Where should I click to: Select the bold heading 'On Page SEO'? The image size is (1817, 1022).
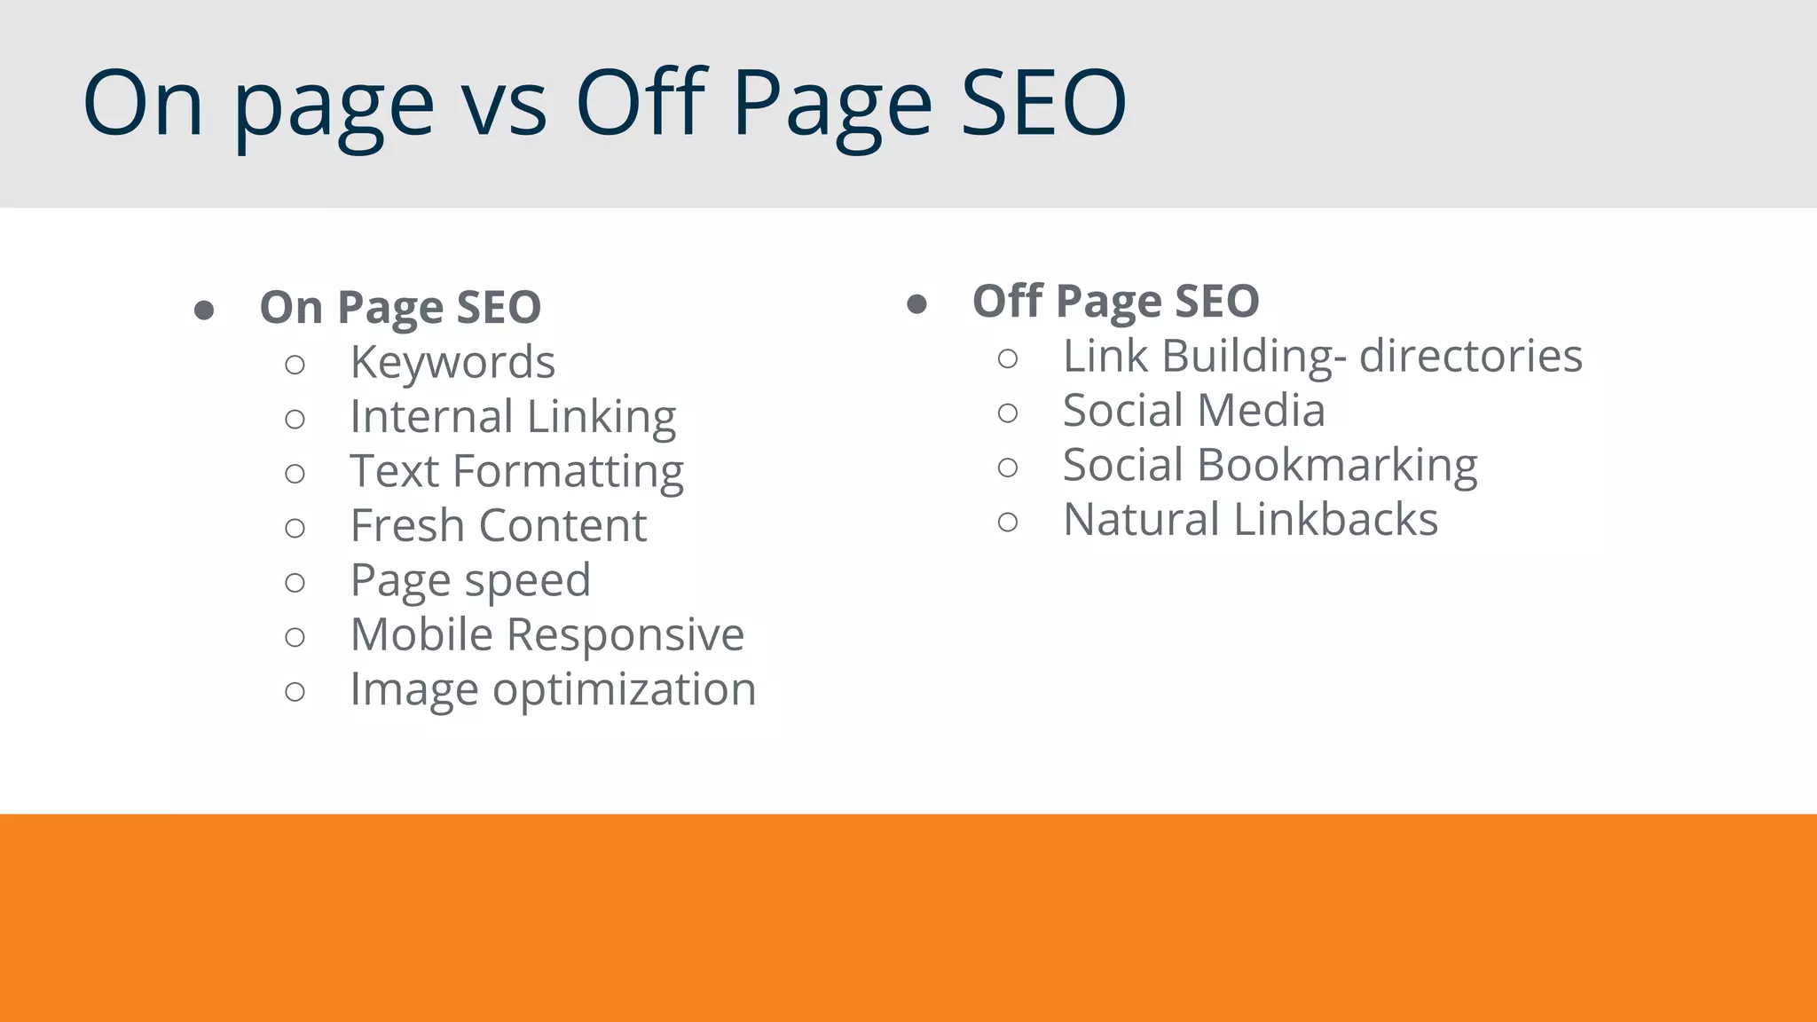(x=400, y=308)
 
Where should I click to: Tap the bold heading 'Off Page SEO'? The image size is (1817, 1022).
(x=1115, y=302)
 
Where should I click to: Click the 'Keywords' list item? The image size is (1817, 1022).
(x=452, y=363)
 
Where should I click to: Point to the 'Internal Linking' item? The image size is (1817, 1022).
(x=513, y=417)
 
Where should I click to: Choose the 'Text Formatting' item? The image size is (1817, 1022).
(x=516, y=472)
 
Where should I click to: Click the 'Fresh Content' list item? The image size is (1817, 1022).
(x=499, y=526)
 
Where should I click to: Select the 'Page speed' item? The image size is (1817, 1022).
(x=470, y=581)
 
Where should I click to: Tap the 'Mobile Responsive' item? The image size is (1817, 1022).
(x=547, y=635)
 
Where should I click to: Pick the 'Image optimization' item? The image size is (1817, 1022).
(x=553, y=690)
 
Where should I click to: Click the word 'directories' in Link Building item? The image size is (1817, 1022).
(x=1470, y=357)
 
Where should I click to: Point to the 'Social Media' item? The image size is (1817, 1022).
(x=1193, y=411)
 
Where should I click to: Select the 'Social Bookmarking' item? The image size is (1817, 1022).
(x=1270, y=466)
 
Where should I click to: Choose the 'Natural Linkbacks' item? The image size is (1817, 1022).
(x=1250, y=520)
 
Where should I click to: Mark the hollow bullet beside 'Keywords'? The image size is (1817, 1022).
(x=295, y=365)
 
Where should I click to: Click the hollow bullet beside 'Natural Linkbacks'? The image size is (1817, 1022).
(x=1008, y=522)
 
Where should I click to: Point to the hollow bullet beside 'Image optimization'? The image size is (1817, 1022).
(x=295, y=692)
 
